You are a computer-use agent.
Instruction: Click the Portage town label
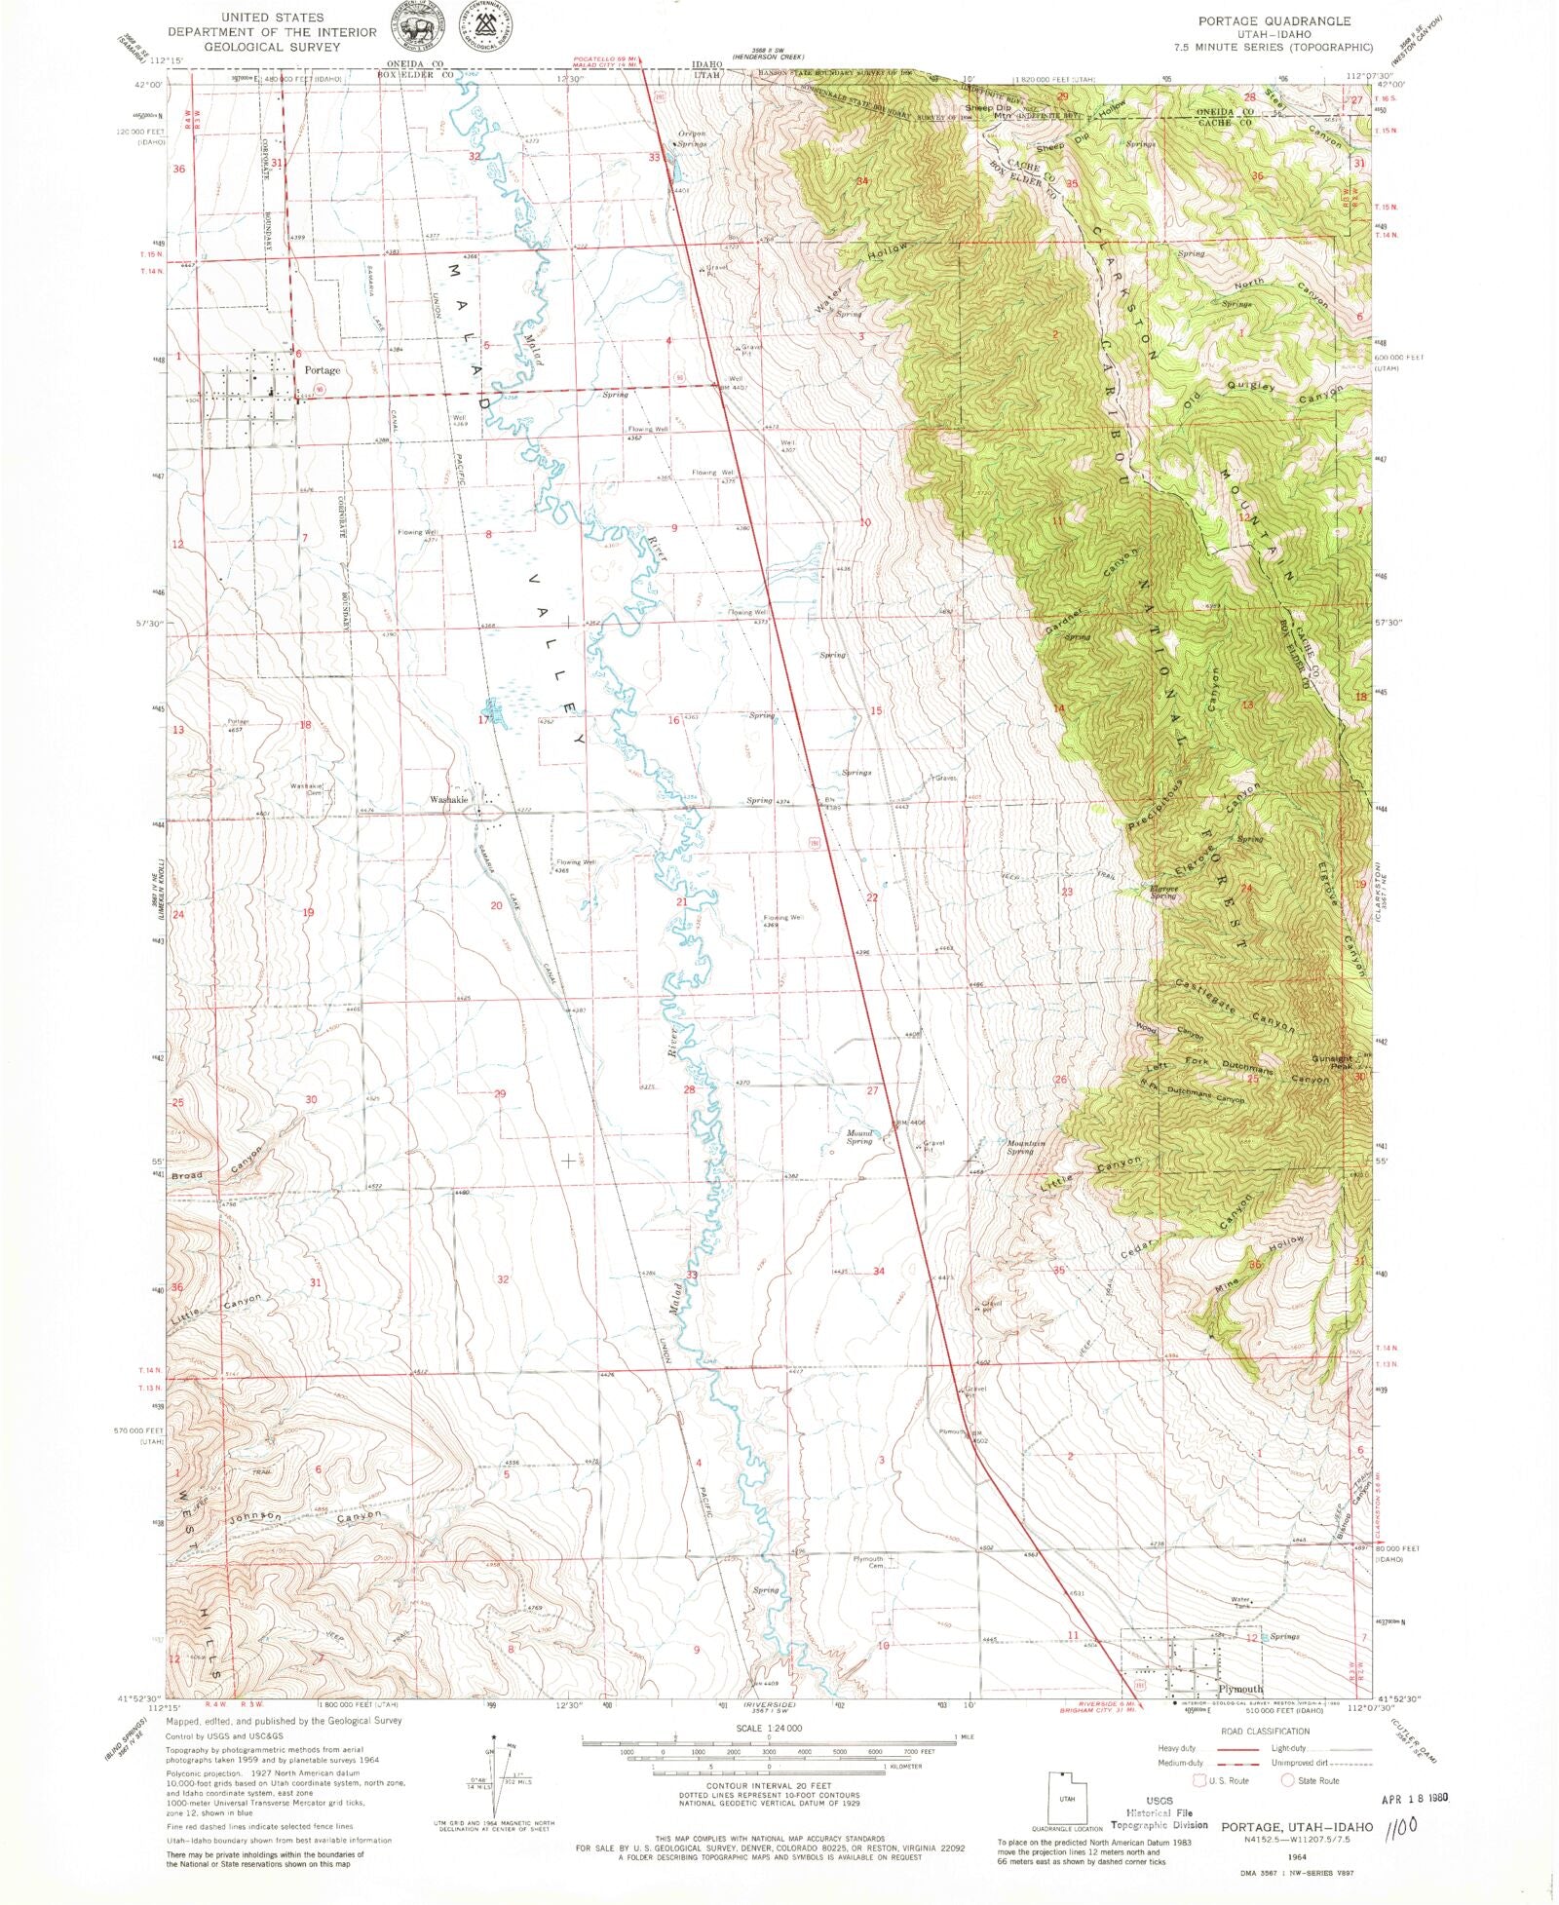pyautogui.click(x=322, y=370)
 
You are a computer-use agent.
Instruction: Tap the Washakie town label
pyautogui.click(x=449, y=800)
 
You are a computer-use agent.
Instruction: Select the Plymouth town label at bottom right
pyautogui.click(x=1239, y=1689)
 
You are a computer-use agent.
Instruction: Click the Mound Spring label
pyautogui.click(x=858, y=1137)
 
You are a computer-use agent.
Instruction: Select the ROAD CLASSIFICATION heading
pyautogui.click(x=1265, y=1732)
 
